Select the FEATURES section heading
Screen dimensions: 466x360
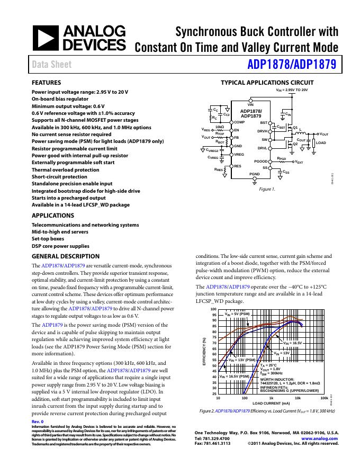coord(47,83)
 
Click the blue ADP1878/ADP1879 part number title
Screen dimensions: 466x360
coord(291,65)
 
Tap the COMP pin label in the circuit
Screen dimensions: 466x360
coord(239,122)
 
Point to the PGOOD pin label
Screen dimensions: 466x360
coord(261,161)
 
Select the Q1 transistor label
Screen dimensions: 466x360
coord(295,128)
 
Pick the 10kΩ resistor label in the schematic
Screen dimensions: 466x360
coord(220,127)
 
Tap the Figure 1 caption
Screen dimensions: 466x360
coord(267,189)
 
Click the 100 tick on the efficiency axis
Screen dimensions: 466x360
coord(213,309)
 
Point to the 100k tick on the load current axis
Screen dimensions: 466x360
coord(324,397)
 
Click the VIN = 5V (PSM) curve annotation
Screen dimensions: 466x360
coord(237,314)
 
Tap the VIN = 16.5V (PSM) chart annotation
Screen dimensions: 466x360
coord(230,376)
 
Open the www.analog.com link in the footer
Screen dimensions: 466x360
coord(319,439)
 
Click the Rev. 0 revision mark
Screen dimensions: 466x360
coord(38,421)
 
